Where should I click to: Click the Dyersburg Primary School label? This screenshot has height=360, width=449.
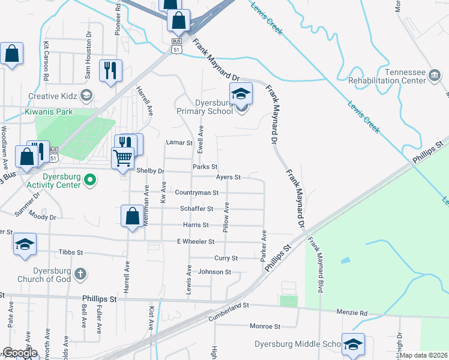tap(205, 107)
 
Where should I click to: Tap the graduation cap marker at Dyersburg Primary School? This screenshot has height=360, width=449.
tap(241, 94)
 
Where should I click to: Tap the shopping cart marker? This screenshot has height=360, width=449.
tap(123, 158)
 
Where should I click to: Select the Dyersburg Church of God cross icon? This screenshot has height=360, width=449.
tap(80, 275)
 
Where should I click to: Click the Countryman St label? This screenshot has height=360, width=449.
tap(196, 193)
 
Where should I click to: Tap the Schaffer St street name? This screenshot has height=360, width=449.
tap(197, 209)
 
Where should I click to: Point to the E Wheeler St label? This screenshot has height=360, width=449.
tap(195, 241)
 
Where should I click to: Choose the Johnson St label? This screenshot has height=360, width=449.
tap(214, 272)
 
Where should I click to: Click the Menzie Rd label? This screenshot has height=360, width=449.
tap(372, 313)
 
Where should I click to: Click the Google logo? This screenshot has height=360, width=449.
tap(20, 353)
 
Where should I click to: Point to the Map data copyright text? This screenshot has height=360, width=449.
tap(423, 355)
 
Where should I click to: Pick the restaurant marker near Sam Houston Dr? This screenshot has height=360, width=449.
tap(110, 70)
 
